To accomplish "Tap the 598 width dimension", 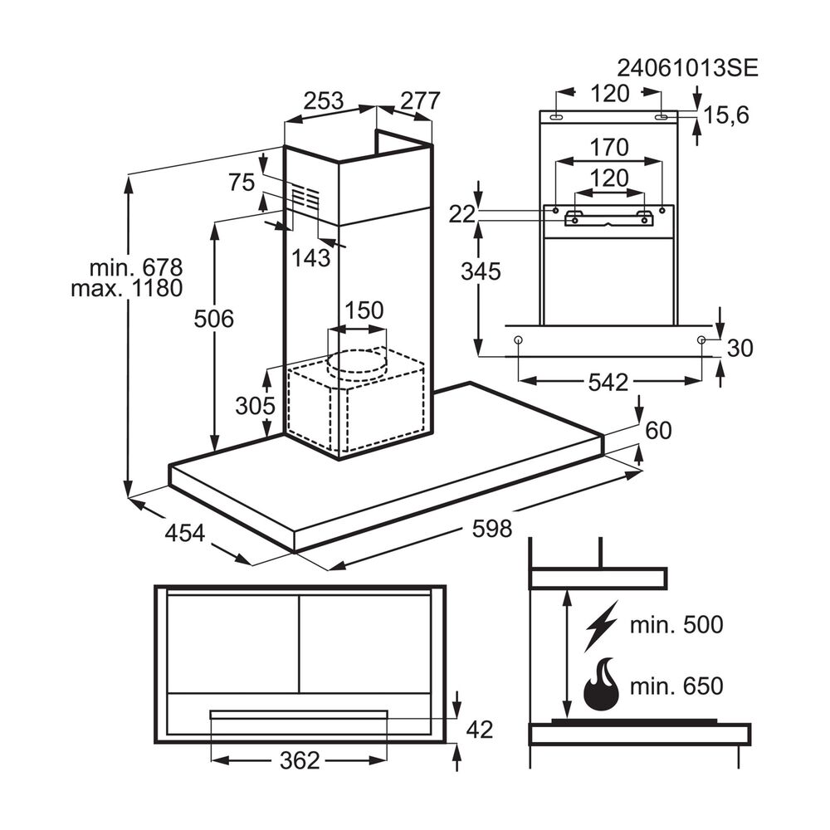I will coord(492,529).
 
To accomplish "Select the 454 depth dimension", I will coord(184,534).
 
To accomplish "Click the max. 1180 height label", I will coord(126,290).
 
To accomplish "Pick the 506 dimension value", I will coord(213,318).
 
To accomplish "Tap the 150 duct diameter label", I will coord(363,311).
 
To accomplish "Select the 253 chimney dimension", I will coord(323,101).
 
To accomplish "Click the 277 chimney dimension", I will coord(420,101).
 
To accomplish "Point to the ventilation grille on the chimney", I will coord(305,198).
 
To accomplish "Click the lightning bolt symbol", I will coord(601,626).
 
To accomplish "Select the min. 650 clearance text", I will coord(676,686).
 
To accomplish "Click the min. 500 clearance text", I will coord(676,625).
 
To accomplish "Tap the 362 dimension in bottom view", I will coord(300,759).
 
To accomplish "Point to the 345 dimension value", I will coord(481,271).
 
